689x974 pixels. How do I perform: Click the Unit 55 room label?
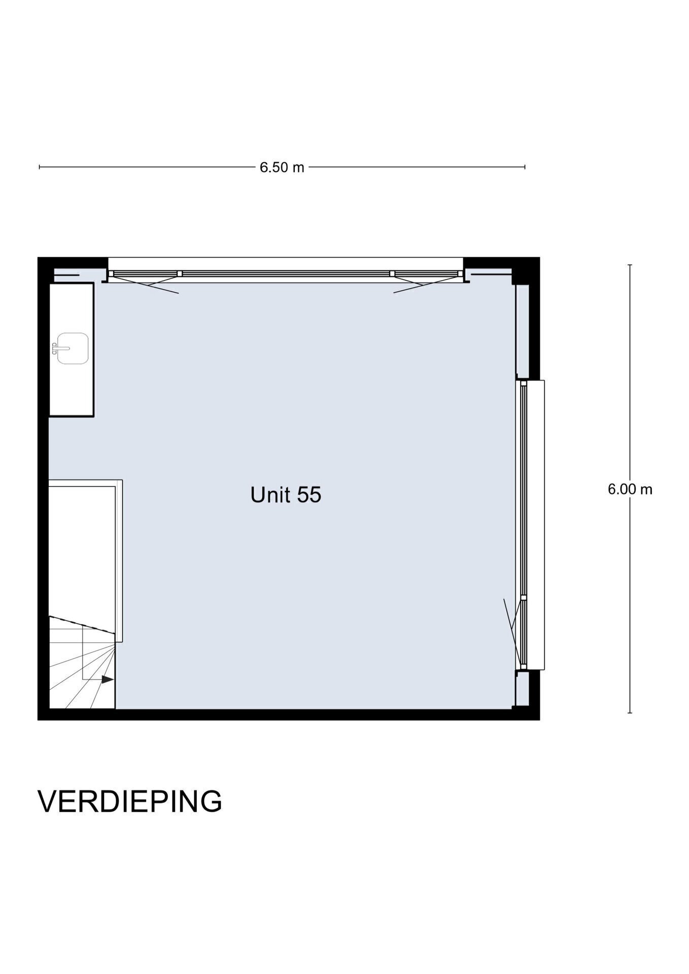[286, 495]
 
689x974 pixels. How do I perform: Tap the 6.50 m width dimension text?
[282, 167]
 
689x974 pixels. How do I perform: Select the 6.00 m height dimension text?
[630, 489]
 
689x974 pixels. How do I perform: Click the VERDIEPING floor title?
[130, 802]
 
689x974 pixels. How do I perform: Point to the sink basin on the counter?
[73, 348]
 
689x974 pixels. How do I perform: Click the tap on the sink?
[55, 348]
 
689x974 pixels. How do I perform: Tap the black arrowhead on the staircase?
[108, 679]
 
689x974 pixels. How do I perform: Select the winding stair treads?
[82, 662]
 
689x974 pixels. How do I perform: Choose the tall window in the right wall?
[524, 525]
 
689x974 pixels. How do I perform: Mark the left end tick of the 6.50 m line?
[40, 166]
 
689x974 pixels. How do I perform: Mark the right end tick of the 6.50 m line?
[525, 166]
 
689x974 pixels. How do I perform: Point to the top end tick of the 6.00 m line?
[630, 265]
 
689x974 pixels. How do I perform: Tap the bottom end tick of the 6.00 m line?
[630, 713]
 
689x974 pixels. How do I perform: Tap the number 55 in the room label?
[309, 495]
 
